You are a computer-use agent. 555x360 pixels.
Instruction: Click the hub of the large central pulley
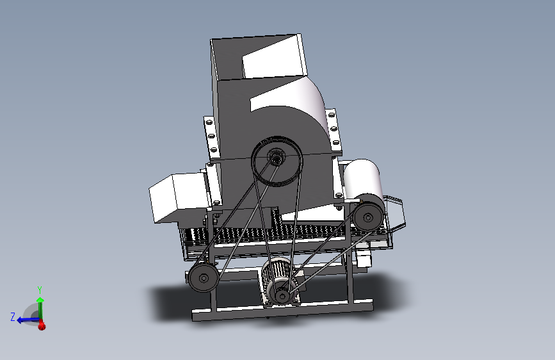(276, 157)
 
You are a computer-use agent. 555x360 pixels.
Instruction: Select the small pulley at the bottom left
(204, 278)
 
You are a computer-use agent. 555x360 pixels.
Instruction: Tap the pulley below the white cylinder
(368, 217)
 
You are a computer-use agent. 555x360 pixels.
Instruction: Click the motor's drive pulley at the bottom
(282, 295)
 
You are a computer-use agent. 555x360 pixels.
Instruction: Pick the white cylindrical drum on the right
(363, 179)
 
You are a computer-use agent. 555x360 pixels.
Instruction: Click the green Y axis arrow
(40, 309)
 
